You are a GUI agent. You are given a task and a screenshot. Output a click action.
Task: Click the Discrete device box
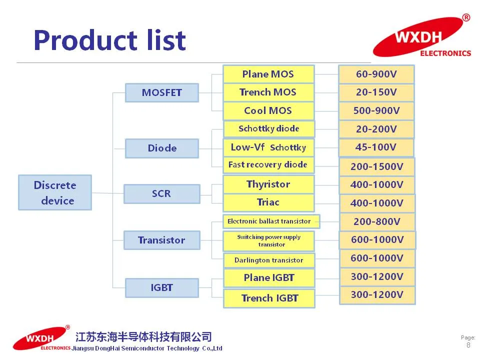(55, 192)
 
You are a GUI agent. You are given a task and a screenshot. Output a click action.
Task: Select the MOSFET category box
(161, 92)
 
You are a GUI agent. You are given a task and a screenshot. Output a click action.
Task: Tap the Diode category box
(162, 148)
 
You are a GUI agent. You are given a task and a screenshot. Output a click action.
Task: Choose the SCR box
(161, 193)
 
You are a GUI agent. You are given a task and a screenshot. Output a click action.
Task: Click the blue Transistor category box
(161, 240)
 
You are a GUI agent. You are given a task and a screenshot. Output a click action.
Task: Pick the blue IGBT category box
(161, 287)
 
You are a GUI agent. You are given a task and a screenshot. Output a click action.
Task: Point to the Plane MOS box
(268, 74)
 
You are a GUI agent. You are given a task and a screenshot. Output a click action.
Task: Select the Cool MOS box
(268, 110)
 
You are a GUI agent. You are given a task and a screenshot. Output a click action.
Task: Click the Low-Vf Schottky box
(268, 147)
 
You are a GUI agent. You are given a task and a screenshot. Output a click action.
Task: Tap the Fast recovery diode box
(268, 164)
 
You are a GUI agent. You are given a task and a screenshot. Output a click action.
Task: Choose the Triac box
(268, 202)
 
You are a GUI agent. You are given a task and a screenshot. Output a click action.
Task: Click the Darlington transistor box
(269, 260)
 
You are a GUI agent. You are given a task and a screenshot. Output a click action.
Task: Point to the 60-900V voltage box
(376, 74)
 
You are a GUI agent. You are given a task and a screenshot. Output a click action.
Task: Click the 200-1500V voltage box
(376, 166)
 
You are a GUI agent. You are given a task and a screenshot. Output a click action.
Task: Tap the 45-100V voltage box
(376, 147)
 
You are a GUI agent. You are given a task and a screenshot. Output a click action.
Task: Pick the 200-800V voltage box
(377, 221)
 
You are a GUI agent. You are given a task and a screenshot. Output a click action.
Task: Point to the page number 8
(468, 345)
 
